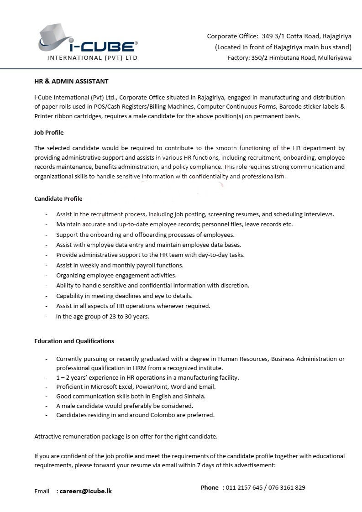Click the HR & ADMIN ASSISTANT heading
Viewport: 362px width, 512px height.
pyautogui.click(x=71, y=81)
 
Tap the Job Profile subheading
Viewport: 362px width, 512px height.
pyautogui.click(x=49, y=132)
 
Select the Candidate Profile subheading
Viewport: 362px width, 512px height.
pyautogui.click(x=58, y=199)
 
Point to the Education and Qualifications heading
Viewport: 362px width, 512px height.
pyautogui.click(x=74, y=341)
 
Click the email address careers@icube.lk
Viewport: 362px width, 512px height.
pyautogui.click(x=86, y=491)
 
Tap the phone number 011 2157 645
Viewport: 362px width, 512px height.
pyautogui.click(x=244, y=487)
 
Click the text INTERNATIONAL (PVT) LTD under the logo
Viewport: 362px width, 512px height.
pyautogui.click(x=92, y=58)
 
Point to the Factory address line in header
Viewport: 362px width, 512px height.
pyautogui.click(x=289, y=57)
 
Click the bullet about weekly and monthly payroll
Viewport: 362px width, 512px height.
pyautogui.click(x=120, y=265)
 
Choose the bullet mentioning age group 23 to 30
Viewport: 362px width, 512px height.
pyautogui.click(x=103, y=316)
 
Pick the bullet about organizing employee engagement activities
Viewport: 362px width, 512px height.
pyautogui.click(x=116, y=275)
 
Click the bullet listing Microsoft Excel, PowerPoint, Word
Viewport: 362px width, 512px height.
pyautogui.click(x=136, y=387)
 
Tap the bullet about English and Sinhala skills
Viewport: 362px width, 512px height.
pyautogui.click(x=131, y=396)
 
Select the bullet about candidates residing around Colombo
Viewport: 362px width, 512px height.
pyautogui.click(x=135, y=415)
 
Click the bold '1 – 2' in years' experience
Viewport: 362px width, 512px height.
pyautogui.click(x=64, y=377)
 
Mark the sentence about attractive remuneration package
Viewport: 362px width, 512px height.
pyautogui.click(x=126, y=436)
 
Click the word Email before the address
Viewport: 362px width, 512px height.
pyautogui.click(x=42, y=491)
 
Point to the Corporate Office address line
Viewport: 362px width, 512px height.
pyautogui.click(x=279, y=36)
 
